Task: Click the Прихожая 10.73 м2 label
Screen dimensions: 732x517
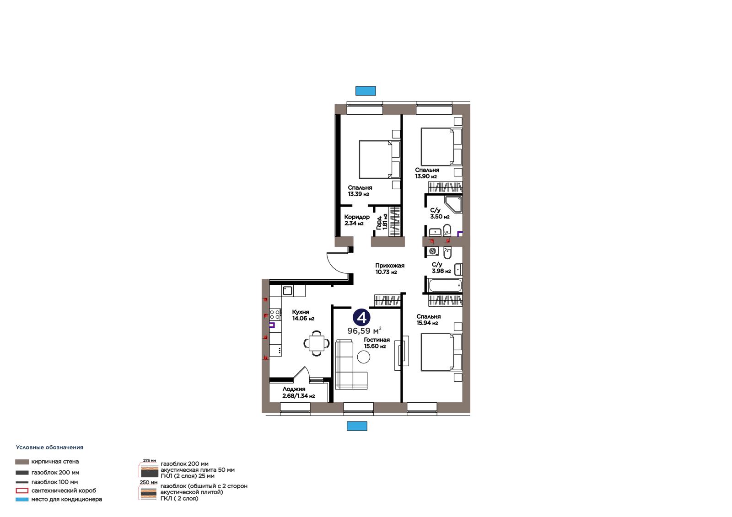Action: click(389, 269)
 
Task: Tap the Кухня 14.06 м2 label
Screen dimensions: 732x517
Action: click(303, 315)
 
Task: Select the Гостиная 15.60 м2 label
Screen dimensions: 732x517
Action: click(377, 343)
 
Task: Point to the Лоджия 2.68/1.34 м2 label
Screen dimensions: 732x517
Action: click(298, 392)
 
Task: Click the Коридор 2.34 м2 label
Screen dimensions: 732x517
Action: click(357, 220)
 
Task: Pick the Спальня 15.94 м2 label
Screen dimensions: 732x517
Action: click(428, 320)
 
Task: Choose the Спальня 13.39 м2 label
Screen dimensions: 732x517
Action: click(360, 191)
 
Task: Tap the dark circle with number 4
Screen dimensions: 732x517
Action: click(361, 317)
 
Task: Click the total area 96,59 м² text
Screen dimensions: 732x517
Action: click(364, 330)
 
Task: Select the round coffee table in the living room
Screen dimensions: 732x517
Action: click(363, 357)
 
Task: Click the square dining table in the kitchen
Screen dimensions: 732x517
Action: click(316, 343)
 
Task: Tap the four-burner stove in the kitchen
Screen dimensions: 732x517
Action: click(275, 314)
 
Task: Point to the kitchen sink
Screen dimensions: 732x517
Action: click(287, 290)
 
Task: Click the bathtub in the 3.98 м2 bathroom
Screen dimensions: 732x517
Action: click(445, 285)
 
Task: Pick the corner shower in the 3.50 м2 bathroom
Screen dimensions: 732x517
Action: click(453, 204)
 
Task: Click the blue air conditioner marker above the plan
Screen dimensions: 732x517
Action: click(366, 91)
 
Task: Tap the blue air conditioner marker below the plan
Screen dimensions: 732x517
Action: click(357, 426)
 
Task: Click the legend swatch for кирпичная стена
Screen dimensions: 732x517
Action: click(22, 462)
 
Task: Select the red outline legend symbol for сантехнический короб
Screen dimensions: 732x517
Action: click(22, 490)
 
